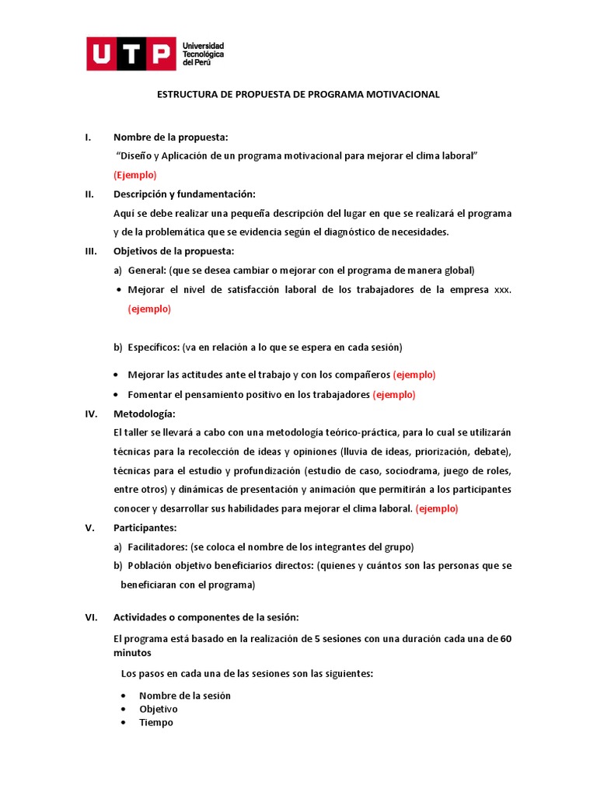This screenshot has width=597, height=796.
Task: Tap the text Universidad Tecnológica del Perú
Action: (x=203, y=54)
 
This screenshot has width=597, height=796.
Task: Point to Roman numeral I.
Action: (x=88, y=137)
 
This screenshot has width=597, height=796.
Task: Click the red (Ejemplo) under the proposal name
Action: (x=134, y=174)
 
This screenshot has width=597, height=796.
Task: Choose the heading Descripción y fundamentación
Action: (x=184, y=194)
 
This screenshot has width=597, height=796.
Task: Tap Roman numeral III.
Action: (x=90, y=250)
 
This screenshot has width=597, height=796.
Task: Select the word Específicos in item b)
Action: (x=153, y=347)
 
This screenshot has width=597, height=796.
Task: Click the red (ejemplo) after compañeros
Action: (x=414, y=375)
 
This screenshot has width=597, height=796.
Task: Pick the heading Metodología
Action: (x=145, y=413)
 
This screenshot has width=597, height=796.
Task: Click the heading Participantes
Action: (x=145, y=527)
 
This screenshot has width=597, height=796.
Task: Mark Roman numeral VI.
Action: (x=90, y=617)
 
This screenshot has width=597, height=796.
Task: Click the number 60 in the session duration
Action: (x=505, y=639)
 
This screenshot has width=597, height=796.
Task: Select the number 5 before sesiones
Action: (x=317, y=639)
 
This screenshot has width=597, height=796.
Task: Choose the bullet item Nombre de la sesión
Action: (x=185, y=695)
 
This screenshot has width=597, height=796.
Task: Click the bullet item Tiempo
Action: (x=156, y=722)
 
